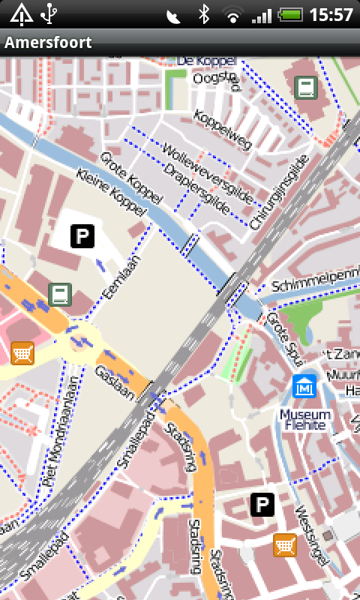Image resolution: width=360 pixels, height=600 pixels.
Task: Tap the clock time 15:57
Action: pos(331,14)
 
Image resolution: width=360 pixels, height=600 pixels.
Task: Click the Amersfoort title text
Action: pos(48,43)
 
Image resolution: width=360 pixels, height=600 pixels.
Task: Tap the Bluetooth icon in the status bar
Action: pos(203,14)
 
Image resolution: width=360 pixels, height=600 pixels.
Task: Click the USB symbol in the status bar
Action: pos(50,13)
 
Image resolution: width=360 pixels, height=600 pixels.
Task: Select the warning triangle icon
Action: pos(21,13)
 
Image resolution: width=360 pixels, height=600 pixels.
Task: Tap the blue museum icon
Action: pos(304,387)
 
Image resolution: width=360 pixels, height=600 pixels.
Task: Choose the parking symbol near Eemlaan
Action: pos(82,236)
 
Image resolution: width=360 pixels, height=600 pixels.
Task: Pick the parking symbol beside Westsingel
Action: pos(262,505)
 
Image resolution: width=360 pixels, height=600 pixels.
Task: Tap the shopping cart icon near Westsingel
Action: pos(284,545)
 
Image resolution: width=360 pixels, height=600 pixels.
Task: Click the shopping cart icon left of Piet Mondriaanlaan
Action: pos(22,352)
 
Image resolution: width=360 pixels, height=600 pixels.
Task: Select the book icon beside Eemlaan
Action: pos(60,295)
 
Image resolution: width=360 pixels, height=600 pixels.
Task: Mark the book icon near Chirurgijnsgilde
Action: pos(305,88)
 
